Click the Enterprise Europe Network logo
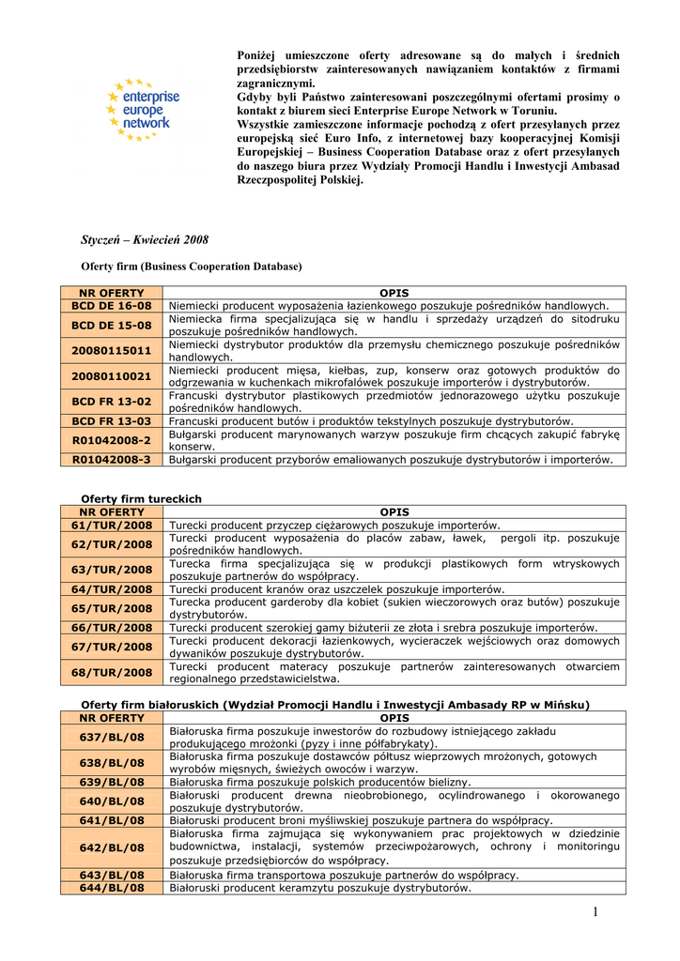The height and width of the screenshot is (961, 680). coord(142,110)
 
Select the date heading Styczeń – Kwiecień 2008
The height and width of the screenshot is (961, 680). coord(145,240)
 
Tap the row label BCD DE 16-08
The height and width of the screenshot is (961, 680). coord(112,306)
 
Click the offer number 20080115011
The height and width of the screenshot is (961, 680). coord(112,351)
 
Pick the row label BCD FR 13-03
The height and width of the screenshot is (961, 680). coord(112,421)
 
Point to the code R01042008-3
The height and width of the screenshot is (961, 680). coord(112,460)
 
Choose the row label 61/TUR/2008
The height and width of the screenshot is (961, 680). coord(112,526)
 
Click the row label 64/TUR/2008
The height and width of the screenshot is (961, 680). coord(112,589)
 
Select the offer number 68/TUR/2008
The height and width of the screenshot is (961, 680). coord(112,672)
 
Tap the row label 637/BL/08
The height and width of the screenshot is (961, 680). coord(112,737)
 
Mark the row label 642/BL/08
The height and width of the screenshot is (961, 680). coord(112,847)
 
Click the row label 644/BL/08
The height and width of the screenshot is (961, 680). coord(112,888)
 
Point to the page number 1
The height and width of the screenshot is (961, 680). coord(595,912)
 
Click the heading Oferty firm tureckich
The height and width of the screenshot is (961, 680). coord(141,498)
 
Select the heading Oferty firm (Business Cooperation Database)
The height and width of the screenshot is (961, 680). coord(192,267)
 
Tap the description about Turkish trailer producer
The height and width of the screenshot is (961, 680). coord(334,526)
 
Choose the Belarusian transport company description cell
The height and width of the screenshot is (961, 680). coord(344,876)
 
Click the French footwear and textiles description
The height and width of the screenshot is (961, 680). coord(371,421)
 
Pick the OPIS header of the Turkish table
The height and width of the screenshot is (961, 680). coord(394,512)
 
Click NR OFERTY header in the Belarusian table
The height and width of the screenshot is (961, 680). coord(112,718)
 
